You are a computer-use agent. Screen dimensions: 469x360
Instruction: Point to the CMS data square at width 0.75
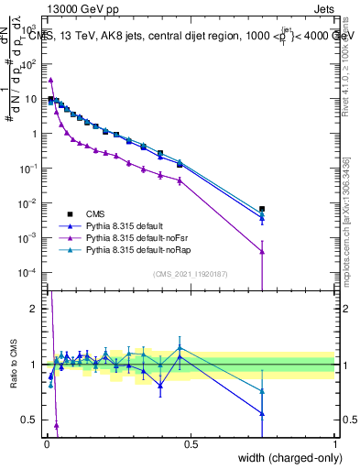pyautogui.click(x=262, y=209)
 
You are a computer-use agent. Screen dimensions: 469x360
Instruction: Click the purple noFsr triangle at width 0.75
pyautogui.click(x=262, y=251)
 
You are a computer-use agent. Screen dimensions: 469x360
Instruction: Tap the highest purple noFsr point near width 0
pyautogui.click(x=50, y=80)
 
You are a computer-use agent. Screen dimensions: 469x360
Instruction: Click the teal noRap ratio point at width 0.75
pyautogui.click(x=262, y=391)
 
